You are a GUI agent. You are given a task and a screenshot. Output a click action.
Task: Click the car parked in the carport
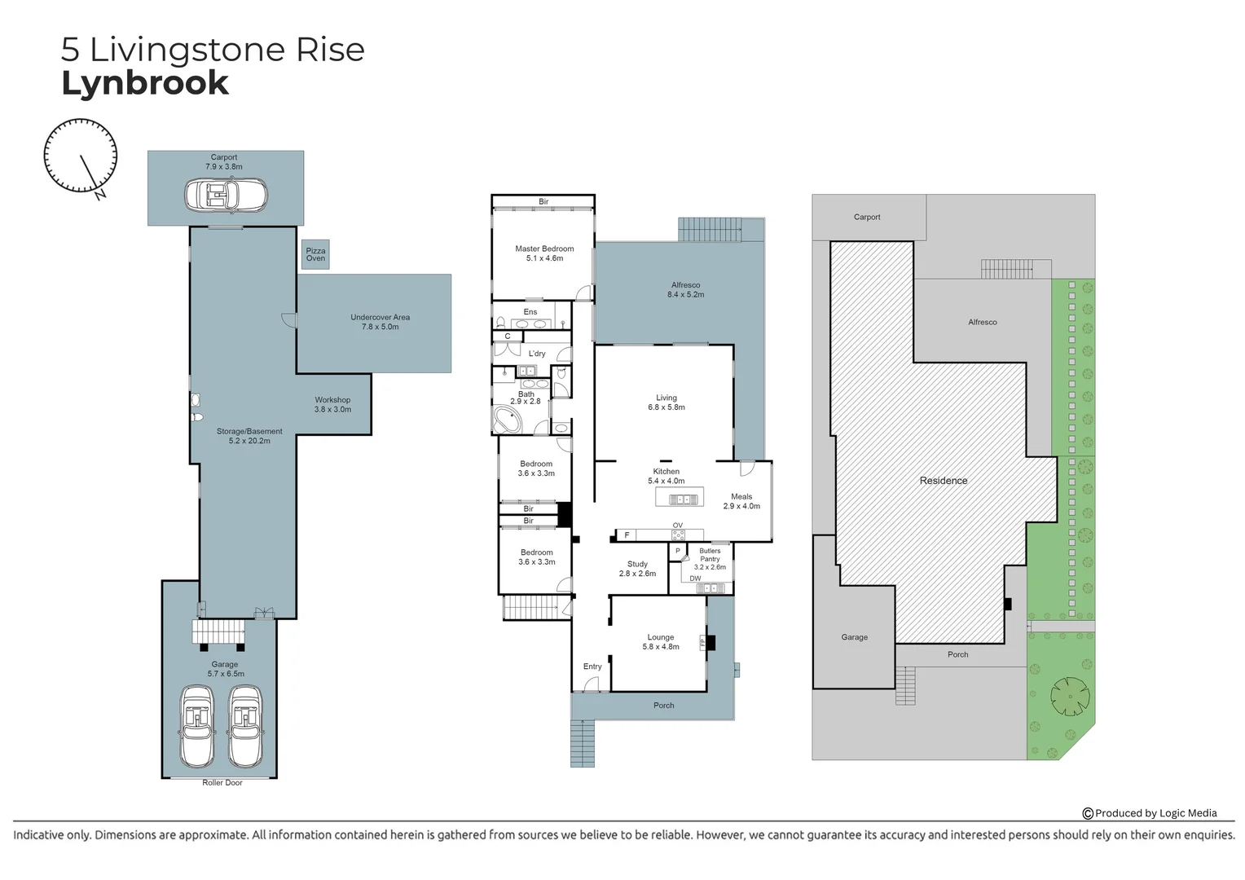pos(226,196)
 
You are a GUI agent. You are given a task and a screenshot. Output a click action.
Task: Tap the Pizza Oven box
pos(315,254)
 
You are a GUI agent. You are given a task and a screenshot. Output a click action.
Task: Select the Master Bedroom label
pos(544,249)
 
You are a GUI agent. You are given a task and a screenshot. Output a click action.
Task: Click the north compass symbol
pos(81,156)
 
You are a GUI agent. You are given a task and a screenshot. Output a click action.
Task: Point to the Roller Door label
pos(222,783)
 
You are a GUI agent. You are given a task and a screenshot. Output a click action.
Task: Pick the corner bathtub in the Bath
pos(508,420)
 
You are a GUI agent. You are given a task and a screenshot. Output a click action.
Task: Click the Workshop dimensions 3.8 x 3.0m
pos(332,409)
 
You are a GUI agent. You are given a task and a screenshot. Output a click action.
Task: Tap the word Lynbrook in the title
pos(145,83)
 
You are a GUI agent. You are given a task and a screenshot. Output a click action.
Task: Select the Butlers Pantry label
pos(710,555)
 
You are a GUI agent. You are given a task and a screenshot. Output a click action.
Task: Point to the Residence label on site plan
pos(944,481)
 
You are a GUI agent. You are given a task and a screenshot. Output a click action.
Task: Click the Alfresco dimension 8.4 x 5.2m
pos(685,295)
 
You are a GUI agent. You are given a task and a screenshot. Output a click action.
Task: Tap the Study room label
pos(637,564)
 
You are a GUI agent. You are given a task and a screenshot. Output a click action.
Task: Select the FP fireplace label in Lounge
pos(702,643)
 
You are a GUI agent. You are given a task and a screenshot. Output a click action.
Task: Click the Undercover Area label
pos(380,317)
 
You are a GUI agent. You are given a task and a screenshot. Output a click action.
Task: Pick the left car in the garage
pos(196,725)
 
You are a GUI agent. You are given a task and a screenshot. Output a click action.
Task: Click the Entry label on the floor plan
pos(592,667)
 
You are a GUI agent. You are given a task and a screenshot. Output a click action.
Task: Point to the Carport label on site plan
pos(867,217)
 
